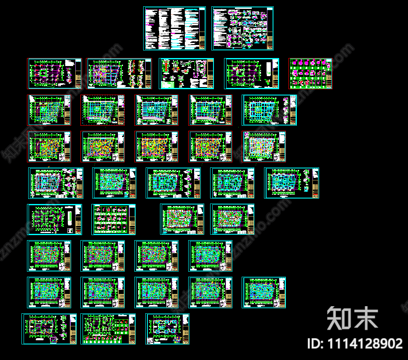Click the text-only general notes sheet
click(x=174, y=28)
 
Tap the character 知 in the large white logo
click(x=340, y=318)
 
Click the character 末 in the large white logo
click(x=365, y=318)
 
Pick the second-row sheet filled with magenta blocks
click(x=310, y=74)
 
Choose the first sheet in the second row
click(x=54, y=74)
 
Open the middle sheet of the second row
click(x=186, y=74)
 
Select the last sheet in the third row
click(x=269, y=110)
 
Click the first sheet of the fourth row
click(x=49, y=147)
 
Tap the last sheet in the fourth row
click(x=264, y=147)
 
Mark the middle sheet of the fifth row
click(x=173, y=183)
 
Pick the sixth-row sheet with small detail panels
click(x=114, y=220)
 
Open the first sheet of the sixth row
click(x=54, y=220)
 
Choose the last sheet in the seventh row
click(x=210, y=256)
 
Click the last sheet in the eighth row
click(x=264, y=292)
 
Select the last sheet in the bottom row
click(x=167, y=329)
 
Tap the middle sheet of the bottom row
click(x=108, y=329)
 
